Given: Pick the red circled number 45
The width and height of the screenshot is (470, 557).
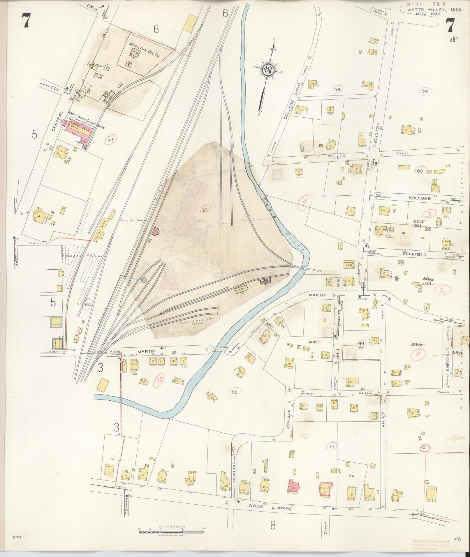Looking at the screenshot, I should pyautogui.click(x=111, y=140).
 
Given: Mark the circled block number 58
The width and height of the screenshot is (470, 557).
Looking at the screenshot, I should pyautogui.click(x=337, y=89).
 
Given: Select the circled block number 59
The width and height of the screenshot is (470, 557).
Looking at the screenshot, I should pyautogui.click(x=425, y=91).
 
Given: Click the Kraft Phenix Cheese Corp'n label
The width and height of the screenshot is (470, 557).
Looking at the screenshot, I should pyautogui.click(x=86, y=120).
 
